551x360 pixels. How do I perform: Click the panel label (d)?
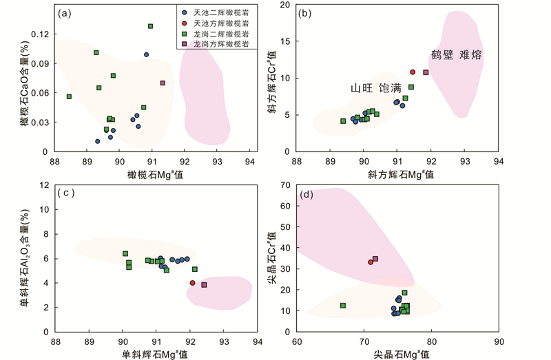(304, 194)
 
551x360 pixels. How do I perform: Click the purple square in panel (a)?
(163, 83)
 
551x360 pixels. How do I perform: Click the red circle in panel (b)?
(413, 72)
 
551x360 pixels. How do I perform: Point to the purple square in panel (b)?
(426, 72)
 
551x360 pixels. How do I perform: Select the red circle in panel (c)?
(193, 283)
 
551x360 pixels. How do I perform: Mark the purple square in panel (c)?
(204, 285)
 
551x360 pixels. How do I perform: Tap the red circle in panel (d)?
(370, 262)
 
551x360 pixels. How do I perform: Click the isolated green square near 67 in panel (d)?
(342, 306)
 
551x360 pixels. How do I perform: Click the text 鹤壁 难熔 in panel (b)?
(456, 54)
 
